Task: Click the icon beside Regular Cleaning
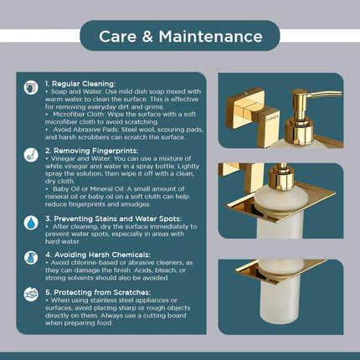click(31, 86)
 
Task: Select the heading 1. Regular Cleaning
click(83, 84)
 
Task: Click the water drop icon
click(31, 223)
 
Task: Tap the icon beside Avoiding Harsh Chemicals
click(31, 258)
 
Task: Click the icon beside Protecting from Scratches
click(31, 294)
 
